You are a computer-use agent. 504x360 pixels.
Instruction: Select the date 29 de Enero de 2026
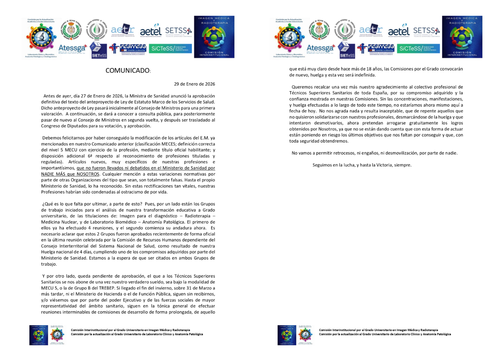(194, 84)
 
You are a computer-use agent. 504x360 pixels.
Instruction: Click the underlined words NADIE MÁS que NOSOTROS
(70, 174)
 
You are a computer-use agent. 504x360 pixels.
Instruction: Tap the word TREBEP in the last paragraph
(107, 288)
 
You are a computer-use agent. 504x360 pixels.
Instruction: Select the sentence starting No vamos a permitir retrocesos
(374, 153)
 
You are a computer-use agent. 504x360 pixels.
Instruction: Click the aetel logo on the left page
(151, 31)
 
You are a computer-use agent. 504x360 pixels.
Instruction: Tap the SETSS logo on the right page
(426, 31)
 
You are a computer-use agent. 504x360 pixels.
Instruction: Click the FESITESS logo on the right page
(376, 48)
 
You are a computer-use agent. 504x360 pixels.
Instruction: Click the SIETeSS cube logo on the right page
(347, 50)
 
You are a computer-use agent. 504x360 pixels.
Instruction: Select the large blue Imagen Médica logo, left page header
(214, 37)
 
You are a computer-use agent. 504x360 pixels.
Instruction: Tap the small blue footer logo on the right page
(287, 335)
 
